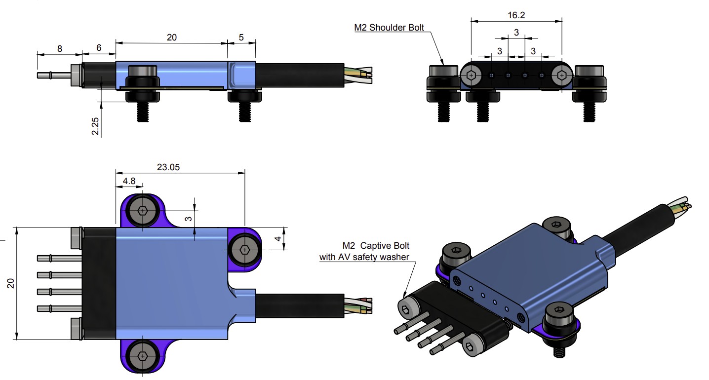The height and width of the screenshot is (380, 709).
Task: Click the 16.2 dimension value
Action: pos(516,15)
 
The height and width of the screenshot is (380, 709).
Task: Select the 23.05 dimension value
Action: pos(168,167)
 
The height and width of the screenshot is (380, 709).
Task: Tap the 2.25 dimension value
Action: pos(96,126)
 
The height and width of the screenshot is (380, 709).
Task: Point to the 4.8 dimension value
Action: pos(129,181)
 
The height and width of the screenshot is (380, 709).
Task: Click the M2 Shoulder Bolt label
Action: pos(389,28)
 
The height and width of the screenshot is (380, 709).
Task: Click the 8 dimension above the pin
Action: pos(60,48)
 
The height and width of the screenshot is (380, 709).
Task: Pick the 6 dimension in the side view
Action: pos(99,48)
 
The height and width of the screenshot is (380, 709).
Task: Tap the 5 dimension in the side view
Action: pos(241,37)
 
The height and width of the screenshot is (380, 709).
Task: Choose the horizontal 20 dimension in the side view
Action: pos(172,37)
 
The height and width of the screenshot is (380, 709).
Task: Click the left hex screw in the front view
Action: pos(472,76)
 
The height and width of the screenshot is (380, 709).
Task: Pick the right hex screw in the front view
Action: pos(562,76)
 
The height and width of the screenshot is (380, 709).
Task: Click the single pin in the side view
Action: pos(54,76)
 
